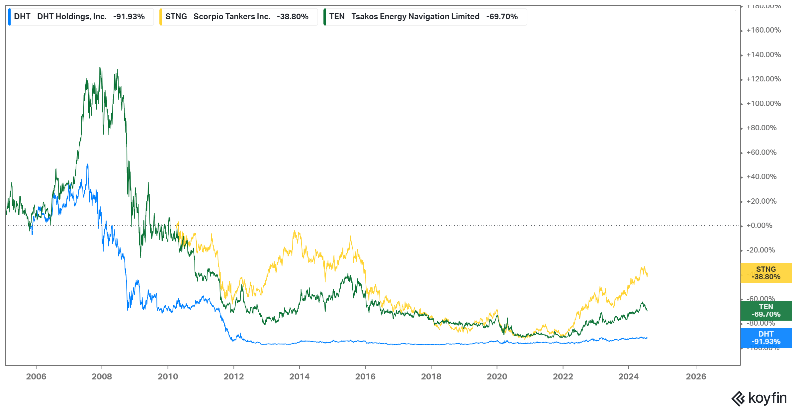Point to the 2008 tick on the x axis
coord(102,376)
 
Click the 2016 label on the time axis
coord(365,376)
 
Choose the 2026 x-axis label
coord(696,376)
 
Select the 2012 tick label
coord(233,376)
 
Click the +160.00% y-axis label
coord(763,30)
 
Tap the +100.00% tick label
coord(763,104)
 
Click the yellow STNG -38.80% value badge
coord(766,273)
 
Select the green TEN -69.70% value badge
coord(766,311)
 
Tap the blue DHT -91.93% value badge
coord(766,338)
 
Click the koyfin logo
coord(759,398)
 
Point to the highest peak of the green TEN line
coord(100,67)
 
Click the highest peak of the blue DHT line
coord(87,164)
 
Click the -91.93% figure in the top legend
coord(129,17)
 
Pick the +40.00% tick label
coord(761,177)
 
